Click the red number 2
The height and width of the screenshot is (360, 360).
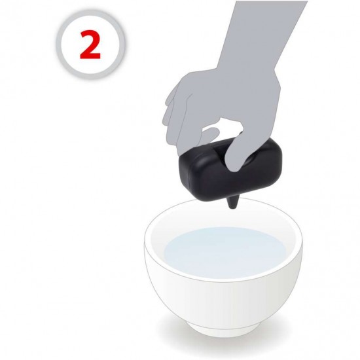pos(90,45)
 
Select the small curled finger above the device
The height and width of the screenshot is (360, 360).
pos(210,135)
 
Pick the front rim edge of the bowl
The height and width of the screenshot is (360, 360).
pos(223,282)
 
